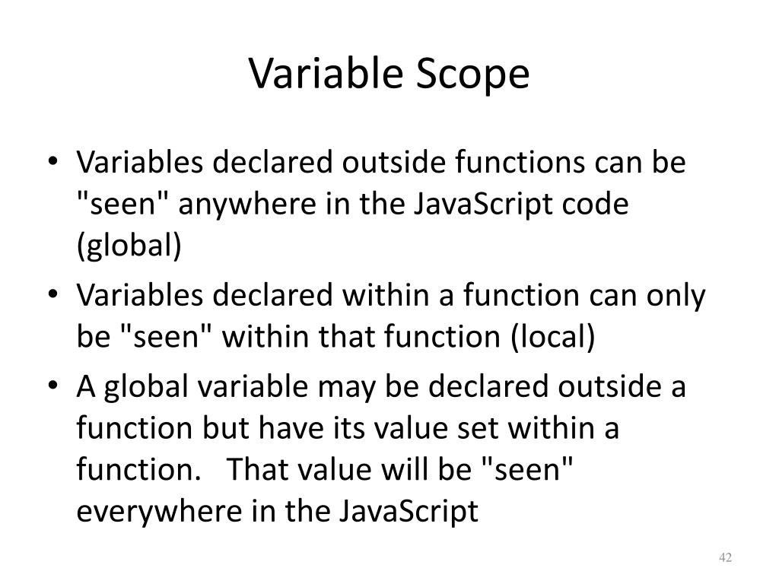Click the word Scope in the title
point(472,75)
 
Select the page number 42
point(724,559)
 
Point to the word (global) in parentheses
point(129,247)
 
